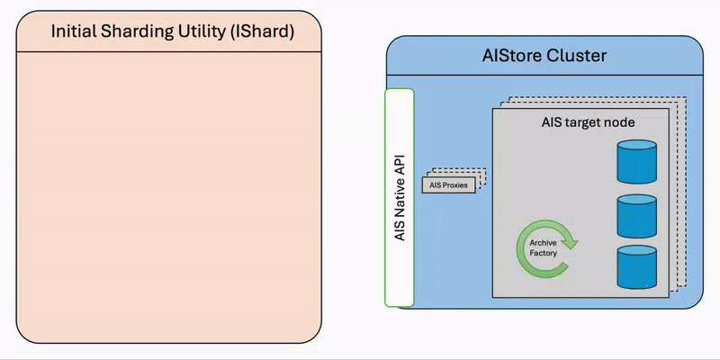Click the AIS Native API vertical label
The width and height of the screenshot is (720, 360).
tap(400, 197)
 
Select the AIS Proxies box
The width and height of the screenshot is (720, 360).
tap(448, 185)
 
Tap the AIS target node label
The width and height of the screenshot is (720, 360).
tap(588, 121)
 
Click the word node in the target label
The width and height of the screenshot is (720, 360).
tap(619, 121)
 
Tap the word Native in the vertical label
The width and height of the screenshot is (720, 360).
tap(400, 197)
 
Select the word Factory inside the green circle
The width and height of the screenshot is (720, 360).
tap(543, 253)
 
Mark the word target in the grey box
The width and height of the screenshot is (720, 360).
tap(584, 121)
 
